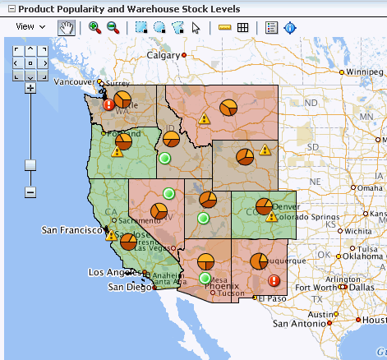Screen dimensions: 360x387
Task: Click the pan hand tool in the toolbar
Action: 66,27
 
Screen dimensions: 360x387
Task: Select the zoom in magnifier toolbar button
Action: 94,27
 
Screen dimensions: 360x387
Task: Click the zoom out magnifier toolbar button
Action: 113,27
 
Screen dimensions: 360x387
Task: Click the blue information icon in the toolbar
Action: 290,27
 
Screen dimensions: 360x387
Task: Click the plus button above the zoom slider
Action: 30,87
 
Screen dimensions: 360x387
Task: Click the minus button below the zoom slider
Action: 30,192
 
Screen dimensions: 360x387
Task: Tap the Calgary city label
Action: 163,55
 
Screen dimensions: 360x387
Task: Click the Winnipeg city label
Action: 366,72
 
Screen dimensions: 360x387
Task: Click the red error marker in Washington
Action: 108,104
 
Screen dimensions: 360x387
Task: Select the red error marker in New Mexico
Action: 274,280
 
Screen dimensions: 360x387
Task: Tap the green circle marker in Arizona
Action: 205,279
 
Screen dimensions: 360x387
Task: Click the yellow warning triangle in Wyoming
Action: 265,150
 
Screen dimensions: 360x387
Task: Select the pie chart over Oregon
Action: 123,143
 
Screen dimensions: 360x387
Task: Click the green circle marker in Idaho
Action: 165,157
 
